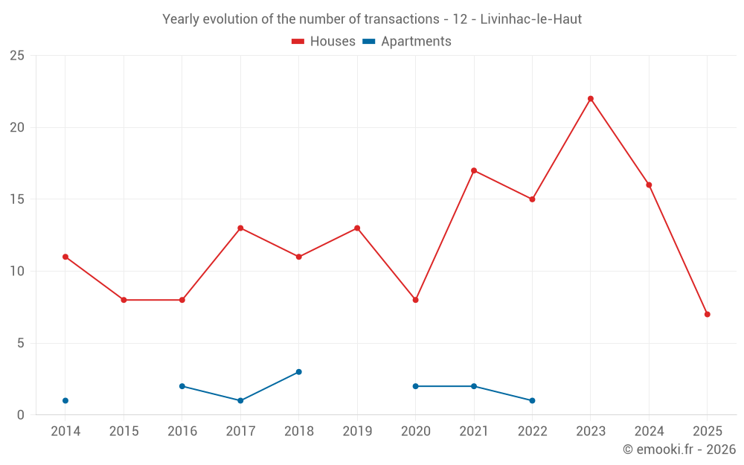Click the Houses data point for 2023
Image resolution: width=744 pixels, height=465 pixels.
point(591,99)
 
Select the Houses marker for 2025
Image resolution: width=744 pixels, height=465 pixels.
point(708,314)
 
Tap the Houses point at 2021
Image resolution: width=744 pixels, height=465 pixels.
point(474,170)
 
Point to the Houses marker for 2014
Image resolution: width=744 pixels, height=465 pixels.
point(65,257)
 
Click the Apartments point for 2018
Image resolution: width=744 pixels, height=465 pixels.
point(298,372)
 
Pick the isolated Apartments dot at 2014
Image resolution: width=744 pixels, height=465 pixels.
point(65,400)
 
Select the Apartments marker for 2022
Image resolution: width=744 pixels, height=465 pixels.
point(532,400)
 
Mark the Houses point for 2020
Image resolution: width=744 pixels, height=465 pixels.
point(415,300)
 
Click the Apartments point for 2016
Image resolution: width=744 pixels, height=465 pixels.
point(182,386)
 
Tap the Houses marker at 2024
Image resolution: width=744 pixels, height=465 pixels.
point(649,185)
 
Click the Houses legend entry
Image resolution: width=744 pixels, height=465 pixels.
point(324,42)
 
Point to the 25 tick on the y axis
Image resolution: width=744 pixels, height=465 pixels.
point(17,56)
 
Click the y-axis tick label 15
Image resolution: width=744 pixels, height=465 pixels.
point(17,199)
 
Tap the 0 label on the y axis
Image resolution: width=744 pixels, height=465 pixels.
point(21,415)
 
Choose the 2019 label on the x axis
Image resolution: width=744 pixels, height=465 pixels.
point(357,432)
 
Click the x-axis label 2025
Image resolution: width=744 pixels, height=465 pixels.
point(708,432)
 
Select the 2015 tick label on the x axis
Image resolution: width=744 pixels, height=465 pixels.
point(124,432)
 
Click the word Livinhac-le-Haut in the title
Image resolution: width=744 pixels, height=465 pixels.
point(530,19)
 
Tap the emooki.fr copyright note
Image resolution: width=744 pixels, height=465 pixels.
point(679,449)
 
